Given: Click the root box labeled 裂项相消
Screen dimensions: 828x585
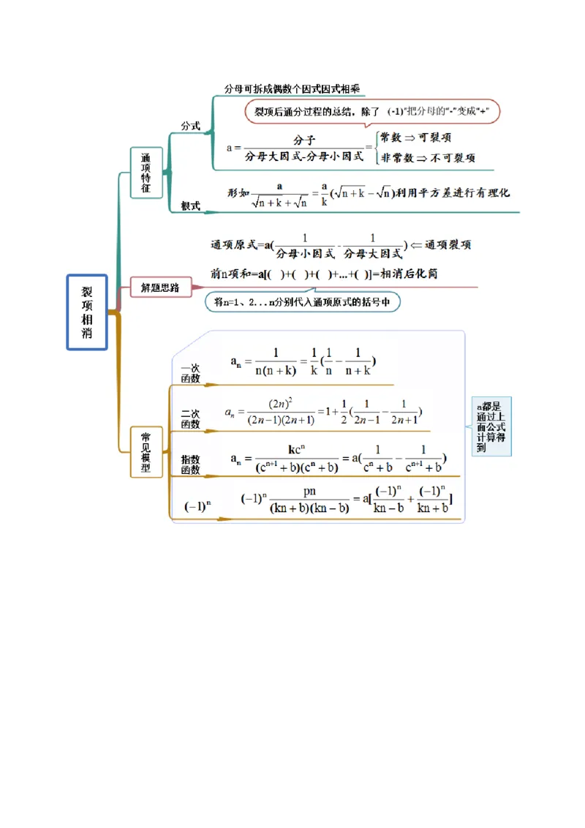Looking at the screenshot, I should point(87,312).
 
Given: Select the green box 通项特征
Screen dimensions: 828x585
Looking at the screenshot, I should point(146,173).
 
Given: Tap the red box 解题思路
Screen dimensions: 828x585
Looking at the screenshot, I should point(160,287).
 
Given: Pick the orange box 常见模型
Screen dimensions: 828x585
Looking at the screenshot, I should point(146,452).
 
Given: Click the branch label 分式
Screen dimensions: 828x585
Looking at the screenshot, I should point(191,126).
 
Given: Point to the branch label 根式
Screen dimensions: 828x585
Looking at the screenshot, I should point(191,206).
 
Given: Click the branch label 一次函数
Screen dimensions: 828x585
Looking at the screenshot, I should point(190,374).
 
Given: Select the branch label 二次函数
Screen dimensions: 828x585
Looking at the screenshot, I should point(190,419).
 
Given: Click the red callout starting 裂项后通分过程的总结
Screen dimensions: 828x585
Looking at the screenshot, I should point(372,111).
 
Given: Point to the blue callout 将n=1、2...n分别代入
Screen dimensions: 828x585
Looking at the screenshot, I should point(302,301).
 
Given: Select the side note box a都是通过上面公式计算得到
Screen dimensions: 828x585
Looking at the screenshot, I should point(491,426).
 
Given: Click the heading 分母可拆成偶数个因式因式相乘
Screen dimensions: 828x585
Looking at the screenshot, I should point(292,89).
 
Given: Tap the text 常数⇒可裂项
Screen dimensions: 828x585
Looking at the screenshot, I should point(415,138).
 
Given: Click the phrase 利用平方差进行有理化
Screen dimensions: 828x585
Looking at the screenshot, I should point(453,192).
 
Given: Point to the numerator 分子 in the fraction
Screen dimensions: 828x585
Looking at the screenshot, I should point(304,140).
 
